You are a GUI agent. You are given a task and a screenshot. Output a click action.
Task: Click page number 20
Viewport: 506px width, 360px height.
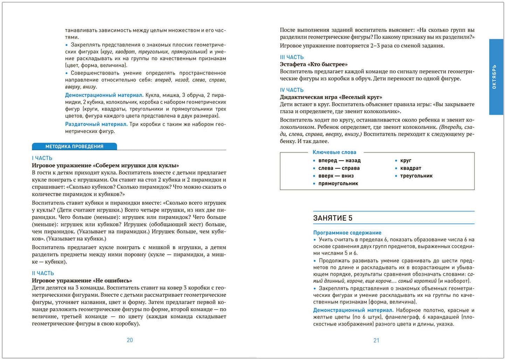130,340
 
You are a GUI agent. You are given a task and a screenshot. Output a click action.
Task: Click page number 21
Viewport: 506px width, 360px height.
376,340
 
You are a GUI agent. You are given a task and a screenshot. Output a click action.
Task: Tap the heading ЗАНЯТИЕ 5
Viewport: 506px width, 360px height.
333,218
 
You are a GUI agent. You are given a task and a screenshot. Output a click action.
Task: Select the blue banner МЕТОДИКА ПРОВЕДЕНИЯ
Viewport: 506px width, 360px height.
74,147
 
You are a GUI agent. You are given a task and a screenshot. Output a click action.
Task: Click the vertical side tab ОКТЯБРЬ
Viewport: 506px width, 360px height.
494,77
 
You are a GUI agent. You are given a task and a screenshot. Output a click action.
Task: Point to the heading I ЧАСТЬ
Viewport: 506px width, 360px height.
42,158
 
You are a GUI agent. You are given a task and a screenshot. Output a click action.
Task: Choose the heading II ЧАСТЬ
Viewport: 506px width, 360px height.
43,274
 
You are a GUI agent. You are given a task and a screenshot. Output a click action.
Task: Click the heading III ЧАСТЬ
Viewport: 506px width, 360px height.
292,57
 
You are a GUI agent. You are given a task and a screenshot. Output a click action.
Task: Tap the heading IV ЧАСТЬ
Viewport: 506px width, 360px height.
292,90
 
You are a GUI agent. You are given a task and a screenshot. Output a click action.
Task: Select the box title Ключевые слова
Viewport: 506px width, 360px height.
334,152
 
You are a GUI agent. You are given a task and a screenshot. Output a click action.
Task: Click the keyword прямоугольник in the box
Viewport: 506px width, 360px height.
338,184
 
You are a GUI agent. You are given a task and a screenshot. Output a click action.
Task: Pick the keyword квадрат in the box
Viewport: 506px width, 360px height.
410,168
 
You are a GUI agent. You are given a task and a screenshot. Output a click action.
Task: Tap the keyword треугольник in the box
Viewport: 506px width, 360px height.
416,176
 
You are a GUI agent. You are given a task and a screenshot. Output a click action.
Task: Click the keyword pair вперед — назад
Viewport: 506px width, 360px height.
339,160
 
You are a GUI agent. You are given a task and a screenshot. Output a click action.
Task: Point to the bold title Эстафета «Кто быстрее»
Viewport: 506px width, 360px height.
313,64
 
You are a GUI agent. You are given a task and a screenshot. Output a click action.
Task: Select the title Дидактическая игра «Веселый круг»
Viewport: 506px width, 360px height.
331,97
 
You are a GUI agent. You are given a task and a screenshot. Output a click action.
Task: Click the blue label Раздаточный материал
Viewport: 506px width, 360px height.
96,124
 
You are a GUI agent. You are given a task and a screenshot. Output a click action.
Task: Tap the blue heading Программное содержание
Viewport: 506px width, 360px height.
347,233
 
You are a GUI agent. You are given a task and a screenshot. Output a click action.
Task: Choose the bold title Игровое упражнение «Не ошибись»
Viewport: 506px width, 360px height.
82,281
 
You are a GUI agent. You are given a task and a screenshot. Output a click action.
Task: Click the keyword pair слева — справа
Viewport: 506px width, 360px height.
339,168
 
